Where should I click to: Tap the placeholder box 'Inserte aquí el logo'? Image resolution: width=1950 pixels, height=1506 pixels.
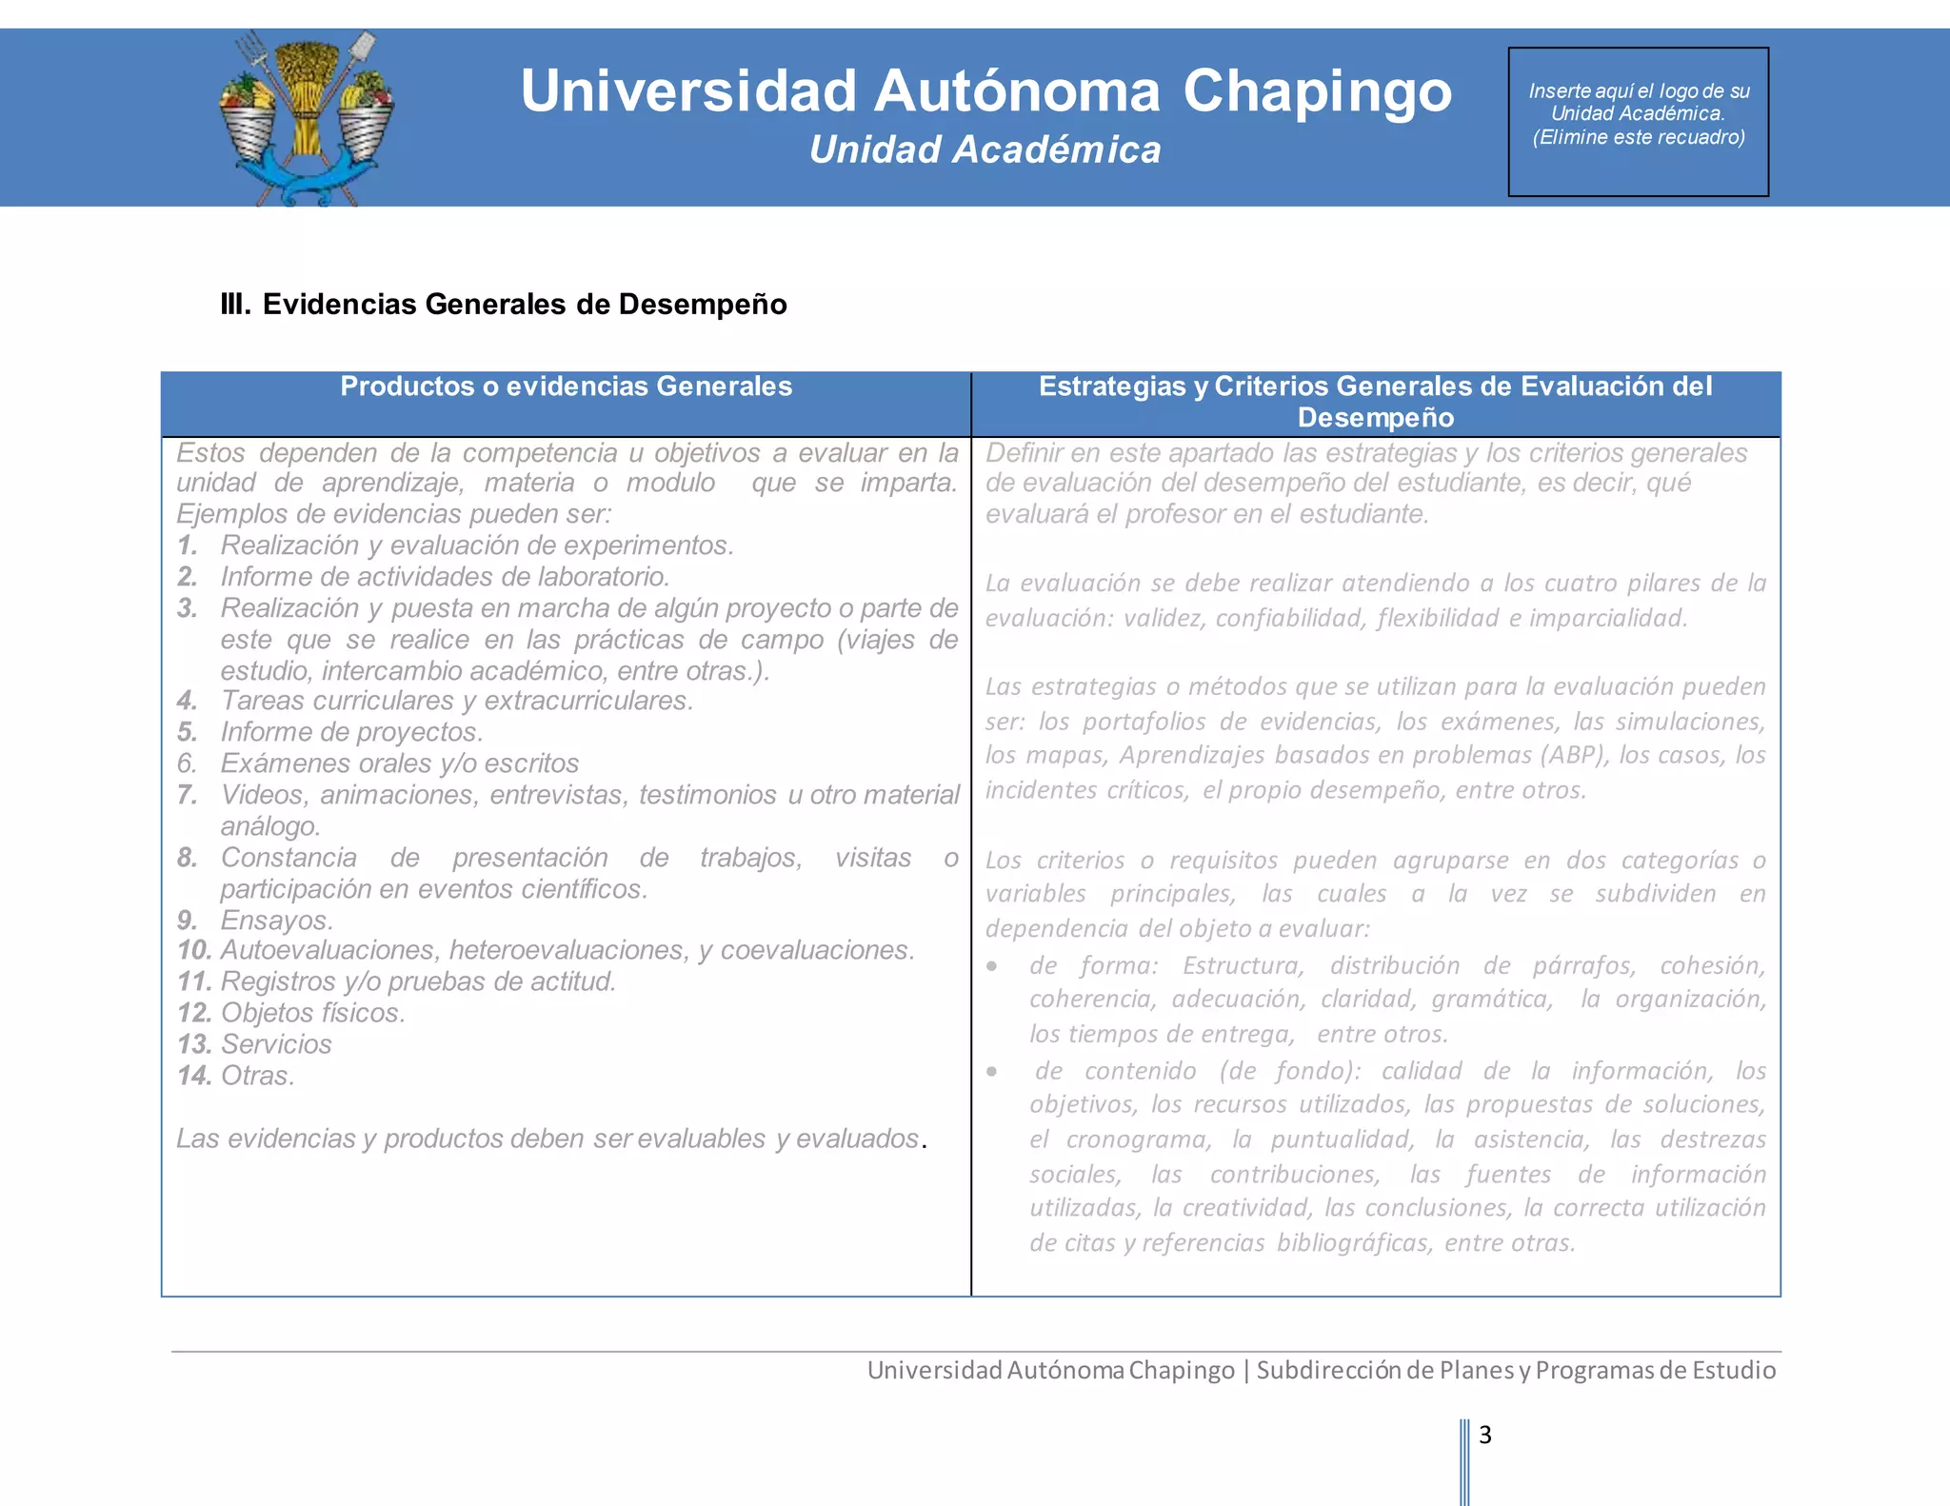click(1638, 121)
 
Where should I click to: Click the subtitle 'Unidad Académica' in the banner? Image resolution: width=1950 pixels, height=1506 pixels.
click(985, 150)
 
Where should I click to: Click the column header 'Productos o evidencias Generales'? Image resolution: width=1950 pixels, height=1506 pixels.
click(566, 386)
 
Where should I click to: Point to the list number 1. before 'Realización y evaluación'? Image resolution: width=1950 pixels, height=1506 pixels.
click(188, 545)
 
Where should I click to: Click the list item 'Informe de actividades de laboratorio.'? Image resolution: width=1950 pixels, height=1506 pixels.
click(445, 577)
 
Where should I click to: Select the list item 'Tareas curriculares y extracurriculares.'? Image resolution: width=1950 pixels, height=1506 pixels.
click(456, 701)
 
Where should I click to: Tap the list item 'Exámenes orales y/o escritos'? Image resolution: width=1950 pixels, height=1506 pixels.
click(399, 763)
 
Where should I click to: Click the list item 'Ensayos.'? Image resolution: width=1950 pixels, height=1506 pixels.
click(277, 921)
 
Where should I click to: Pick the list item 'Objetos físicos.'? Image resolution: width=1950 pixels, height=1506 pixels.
click(312, 1013)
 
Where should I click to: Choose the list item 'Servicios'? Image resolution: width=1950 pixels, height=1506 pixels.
click(276, 1044)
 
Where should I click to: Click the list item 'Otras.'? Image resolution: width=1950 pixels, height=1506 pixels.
click(258, 1076)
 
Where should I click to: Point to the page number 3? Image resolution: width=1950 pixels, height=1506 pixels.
click(1484, 1435)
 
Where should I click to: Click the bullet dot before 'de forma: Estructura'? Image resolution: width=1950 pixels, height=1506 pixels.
click(992, 966)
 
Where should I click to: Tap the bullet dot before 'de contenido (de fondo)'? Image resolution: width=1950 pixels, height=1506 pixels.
click(992, 1072)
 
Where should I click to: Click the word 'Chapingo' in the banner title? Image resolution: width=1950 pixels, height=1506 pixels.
click(1317, 91)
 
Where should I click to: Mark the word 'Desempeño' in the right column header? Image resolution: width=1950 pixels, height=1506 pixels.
click(1375, 418)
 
